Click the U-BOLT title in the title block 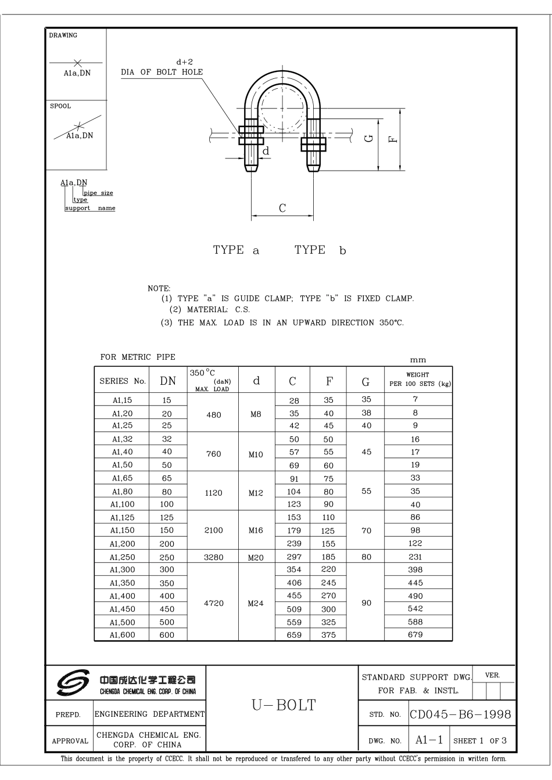click(284, 705)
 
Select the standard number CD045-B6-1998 click(460, 714)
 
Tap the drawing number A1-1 click(429, 740)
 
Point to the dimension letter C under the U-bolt click(282, 209)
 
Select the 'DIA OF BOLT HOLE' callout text click(162, 73)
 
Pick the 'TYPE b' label click(320, 250)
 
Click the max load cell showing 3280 click(213, 557)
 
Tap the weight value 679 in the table click(415, 635)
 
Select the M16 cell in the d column click(256, 530)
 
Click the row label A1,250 click(123, 557)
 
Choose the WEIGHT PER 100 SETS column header click(418, 380)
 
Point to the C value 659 click(294, 635)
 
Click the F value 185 click(328, 557)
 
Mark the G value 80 click(366, 557)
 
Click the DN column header click(167, 381)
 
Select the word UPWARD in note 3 click(308, 323)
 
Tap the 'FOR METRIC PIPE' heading click(138, 357)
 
